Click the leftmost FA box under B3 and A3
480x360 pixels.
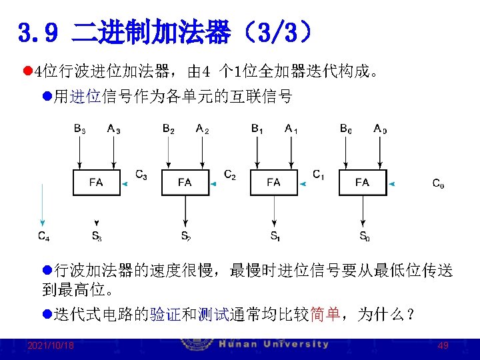(96, 182)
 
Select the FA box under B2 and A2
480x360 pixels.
(185, 182)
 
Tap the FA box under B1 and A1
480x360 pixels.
(273, 182)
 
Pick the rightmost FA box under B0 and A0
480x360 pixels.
(362, 182)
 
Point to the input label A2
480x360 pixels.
(202, 129)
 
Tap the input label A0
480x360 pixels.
(380, 129)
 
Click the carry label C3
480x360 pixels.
(141, 175)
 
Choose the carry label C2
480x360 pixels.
(229, 175)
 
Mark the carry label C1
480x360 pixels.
(319, 175)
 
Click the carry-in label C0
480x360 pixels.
(438, 183)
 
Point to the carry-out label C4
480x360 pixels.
(43, 235)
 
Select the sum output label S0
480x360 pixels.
(364, 235)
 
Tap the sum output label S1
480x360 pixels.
(275, 235)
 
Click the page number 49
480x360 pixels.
(443, 346)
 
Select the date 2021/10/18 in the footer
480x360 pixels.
(51, 346)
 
